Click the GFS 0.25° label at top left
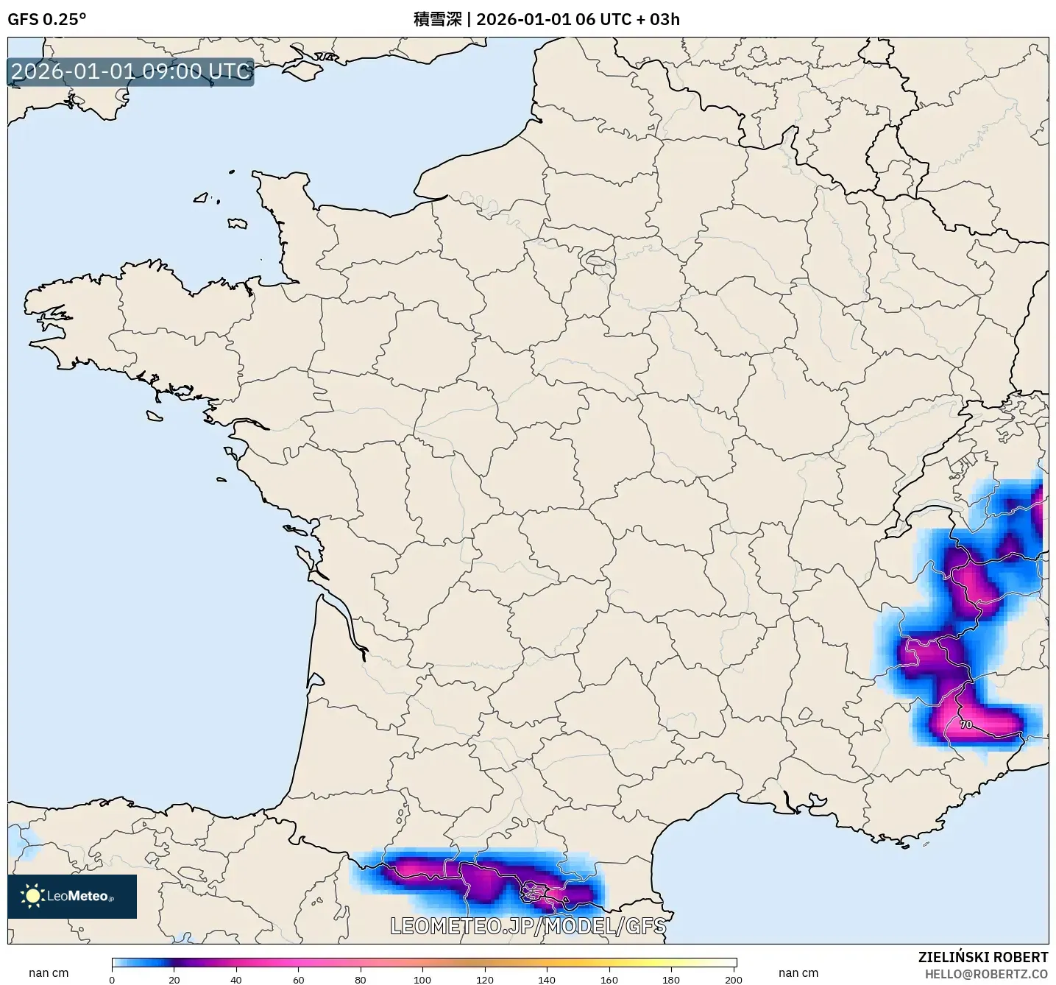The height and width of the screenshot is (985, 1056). pos(46,19)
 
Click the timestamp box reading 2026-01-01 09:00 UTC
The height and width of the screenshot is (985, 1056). pos(131,71)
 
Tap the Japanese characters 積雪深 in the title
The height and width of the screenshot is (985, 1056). pos(437,19)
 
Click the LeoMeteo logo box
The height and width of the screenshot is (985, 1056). pos(72,896)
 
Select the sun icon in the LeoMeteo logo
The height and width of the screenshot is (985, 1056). pos(32,896)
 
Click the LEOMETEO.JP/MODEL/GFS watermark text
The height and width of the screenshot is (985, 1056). pos(528,925)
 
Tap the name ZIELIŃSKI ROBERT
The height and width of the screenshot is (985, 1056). pos(983,957)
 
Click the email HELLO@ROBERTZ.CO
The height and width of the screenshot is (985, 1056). pos(986,974)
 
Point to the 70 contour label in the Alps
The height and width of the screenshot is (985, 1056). pos(966,724)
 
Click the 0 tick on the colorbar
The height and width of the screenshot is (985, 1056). pos(112,980)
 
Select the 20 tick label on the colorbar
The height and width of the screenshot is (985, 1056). pos(174,980)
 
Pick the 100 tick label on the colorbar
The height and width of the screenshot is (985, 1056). pos(422,980)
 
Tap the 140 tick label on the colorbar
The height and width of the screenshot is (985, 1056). pos(547,980)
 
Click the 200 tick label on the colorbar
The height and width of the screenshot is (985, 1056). pos(733,980)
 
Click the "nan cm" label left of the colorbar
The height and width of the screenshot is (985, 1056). pos(49,973)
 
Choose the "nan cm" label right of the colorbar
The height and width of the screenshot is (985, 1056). pos(798,973)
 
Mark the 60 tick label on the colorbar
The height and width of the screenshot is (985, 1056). pos(298,980)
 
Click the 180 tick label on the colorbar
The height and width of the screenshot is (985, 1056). pos(671,980)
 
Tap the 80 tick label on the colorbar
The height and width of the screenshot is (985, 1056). pos(361,980)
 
